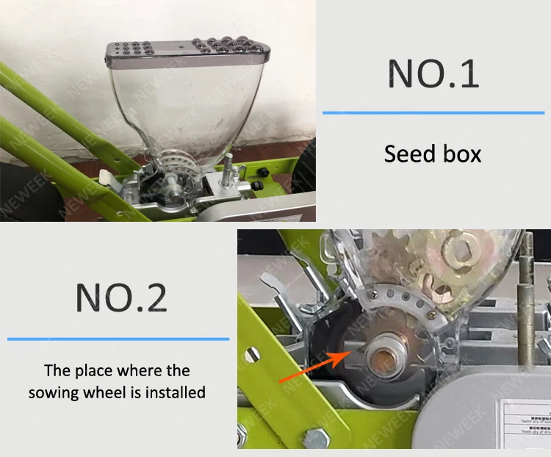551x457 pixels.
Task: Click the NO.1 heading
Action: point(433,74)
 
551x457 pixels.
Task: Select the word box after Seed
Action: point(461,154)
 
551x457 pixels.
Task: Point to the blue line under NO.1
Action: point(433,112)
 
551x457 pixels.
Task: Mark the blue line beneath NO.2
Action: point(118,339)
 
